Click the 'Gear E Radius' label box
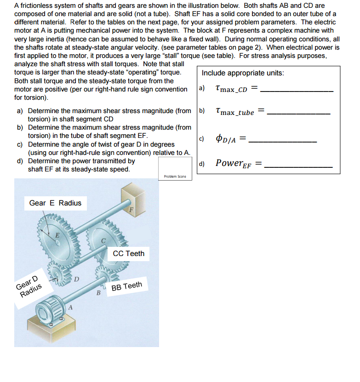point(55,203)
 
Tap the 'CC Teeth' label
point(128,253)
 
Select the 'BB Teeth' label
point(126,286)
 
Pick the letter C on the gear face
point(104,239)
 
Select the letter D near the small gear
point(77,279)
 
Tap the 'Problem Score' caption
point(175,177)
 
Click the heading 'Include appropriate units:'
point(243,73)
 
